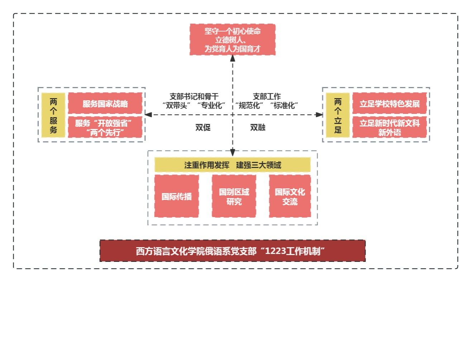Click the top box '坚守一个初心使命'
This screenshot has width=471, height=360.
(x=232, y=40)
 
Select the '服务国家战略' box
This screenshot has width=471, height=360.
(x=105, y=104)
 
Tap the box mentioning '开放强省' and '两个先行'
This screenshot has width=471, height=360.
(x=105, y=128)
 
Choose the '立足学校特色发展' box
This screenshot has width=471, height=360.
(x=390, y=104)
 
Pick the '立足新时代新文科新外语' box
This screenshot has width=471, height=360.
(x=390, y=128)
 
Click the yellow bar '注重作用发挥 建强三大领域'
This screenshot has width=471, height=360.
(x=232, y=165)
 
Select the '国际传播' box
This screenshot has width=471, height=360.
(x=176, y=196)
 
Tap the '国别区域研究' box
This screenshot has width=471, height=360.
(x=234, y=196)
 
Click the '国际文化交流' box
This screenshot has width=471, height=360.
(x=290, y=196)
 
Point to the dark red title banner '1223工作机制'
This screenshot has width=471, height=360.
(x=232, y=251)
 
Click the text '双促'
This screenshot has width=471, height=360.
(x=203, y=128)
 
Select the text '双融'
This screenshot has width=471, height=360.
(x=258, y=128)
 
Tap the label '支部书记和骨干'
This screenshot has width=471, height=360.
(x=194, y=96)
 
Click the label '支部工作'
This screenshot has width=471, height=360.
(x=267, y=96)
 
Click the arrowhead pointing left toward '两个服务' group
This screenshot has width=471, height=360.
(x=148, y=115)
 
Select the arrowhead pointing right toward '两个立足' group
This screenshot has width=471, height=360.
(x=319, y=115)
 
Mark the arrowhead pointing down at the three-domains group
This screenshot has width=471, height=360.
(x=233, y=153)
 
